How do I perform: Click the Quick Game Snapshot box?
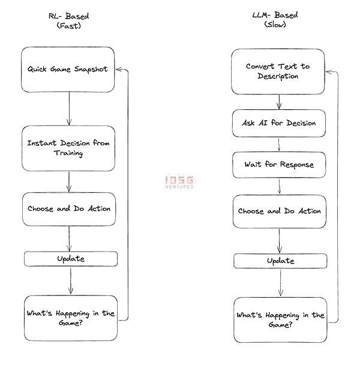pyautogui.click(x=68, y=70)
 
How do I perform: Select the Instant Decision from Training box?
pyautogui.click(x=68, y=148)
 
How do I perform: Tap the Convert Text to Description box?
pyautogui.click(x=278, y=71)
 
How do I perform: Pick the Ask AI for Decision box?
pyautogui.click(x=279, y=123)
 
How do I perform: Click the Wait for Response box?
pyautogui.click(x=279, y=165)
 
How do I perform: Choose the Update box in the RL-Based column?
pyautogui.click(x=71, y=259)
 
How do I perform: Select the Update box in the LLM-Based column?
pyautogui.click(x=280, y=261)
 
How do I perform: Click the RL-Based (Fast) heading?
pyautogui.click(x=69, y=21)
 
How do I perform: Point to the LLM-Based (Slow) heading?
pyautogui.click(x=275, y=20)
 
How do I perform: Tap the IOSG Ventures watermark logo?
pyautogui.click(x=180, y=181)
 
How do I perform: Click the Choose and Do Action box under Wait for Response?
pyautogui.click(x=279, y=211)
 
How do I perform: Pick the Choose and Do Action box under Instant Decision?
pyautogui.click(x=69, y=209)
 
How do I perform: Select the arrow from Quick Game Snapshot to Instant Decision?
pyautogui.click(x=69, y=109)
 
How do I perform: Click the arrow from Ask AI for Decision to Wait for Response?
pyautogui.click(x=279, y=145)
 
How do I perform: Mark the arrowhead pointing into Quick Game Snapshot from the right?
pyautogui.click(x=119, y=69)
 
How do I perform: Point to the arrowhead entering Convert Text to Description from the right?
pyautogui.click(x=329, y=71)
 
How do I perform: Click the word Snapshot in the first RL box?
pyautogui.click(x=91, y=70)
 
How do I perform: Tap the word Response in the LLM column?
pyautogui.click(x=297, y=164)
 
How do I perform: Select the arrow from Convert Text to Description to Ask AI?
pyautogui.click(x=279, y=102)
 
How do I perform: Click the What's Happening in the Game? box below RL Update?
pyautogui.click(x=71, y=318)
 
